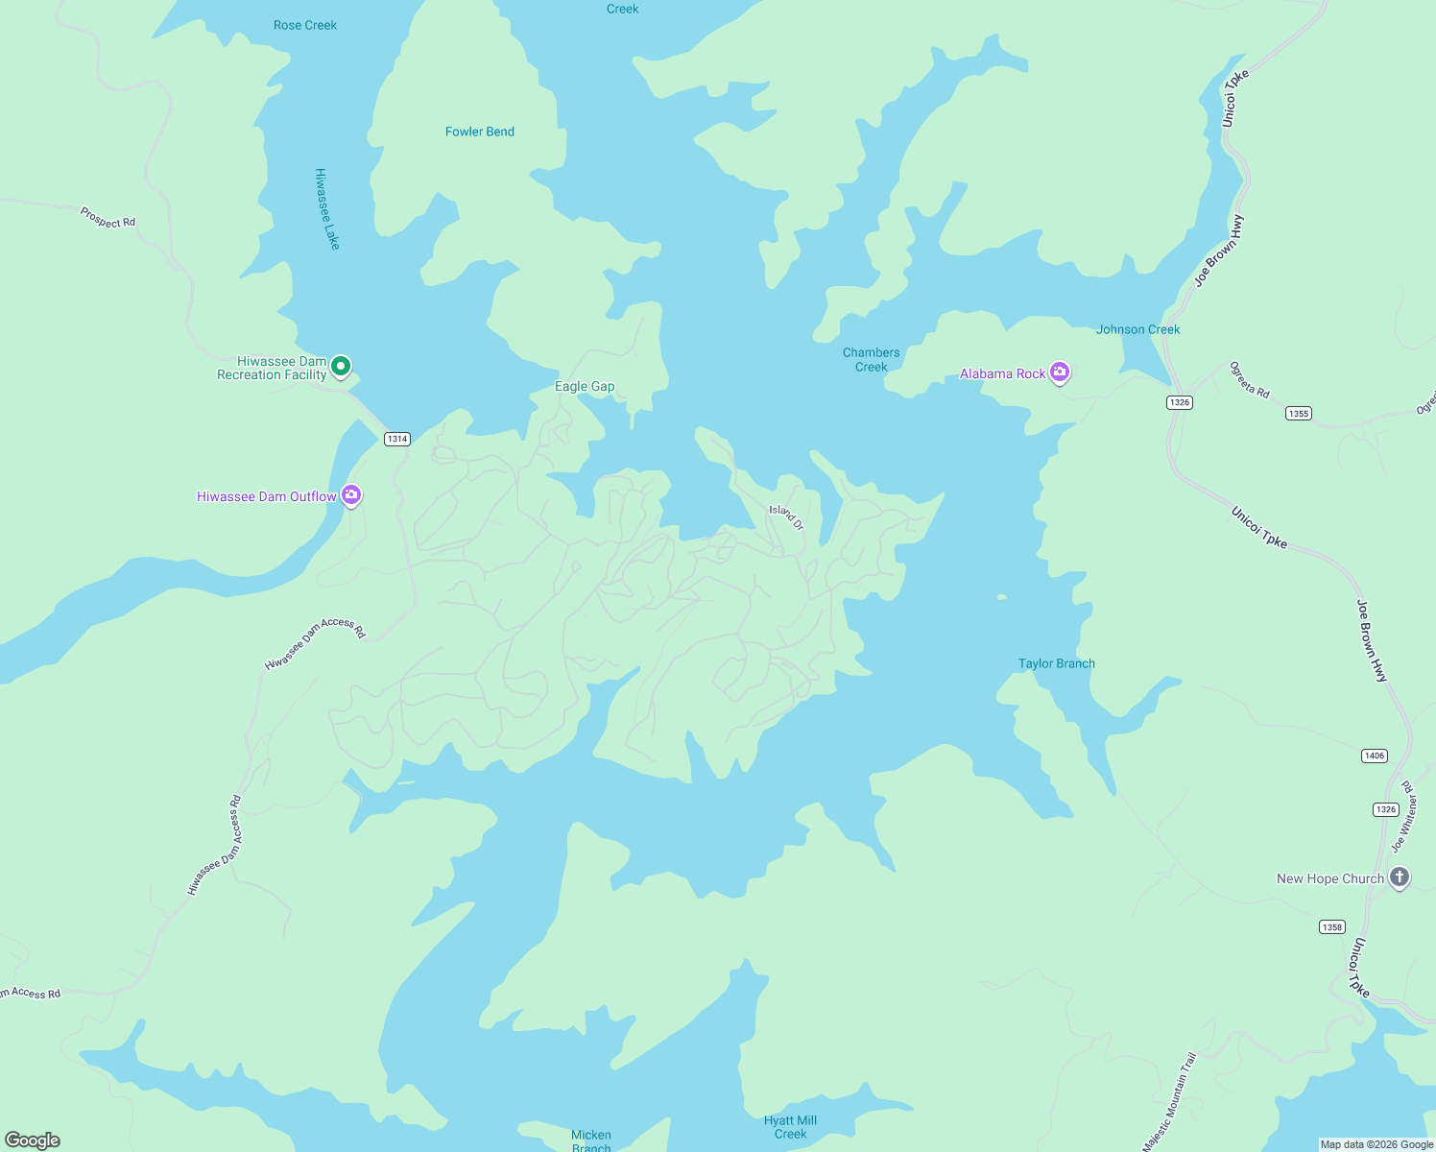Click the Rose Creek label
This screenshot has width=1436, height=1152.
coord(305,25)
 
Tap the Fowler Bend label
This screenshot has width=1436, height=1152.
coord(480,132)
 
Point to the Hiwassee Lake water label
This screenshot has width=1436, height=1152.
coord(327,209)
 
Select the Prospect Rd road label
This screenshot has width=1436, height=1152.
coord(108,218)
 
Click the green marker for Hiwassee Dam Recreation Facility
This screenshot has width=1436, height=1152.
coord(341,366)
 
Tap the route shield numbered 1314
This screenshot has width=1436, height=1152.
coord(396,439)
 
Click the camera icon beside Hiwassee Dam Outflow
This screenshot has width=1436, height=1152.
coord(351,494)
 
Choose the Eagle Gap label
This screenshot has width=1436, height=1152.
coord(585,386)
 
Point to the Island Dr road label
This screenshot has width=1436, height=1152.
coord(786,516)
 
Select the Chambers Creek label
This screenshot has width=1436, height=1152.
coord(872,359)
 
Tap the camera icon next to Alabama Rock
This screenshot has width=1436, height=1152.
coord(1060,372)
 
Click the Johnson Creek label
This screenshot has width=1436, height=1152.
coord(1138,329)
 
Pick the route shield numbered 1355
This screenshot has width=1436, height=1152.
coord(1299,414)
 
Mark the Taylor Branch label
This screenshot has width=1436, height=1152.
coord(1057,663)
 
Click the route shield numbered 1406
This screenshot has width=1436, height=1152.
coord(1375,756)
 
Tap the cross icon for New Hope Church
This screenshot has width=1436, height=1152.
coord(1400,877)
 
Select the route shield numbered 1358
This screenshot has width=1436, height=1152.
coord(1332,926)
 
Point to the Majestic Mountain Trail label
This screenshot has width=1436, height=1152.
coord(1170,1101)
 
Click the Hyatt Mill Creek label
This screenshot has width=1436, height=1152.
coord(791,1127)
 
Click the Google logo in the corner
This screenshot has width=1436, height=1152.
coord(33,1140)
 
